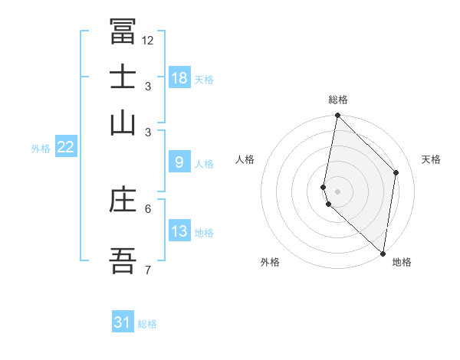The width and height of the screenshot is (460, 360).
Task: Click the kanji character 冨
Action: tap(123, 31)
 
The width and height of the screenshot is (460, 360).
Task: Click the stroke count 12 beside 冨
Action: tap(148, 41)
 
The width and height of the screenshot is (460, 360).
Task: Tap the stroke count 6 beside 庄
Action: tap(148, 208)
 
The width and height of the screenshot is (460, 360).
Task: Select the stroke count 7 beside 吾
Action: tap(148, 270)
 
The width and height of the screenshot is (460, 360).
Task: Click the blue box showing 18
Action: tap(179, 78)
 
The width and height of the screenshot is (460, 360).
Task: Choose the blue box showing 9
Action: tap(179, 162)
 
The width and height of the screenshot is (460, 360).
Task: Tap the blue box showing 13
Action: tap(179, 231)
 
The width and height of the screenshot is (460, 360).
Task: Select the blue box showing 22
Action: tap(65, 147)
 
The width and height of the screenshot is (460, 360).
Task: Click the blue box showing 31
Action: tap(123, 322)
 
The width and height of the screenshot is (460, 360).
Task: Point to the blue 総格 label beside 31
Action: tap(147, 324)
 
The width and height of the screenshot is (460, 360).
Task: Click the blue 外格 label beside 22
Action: tap(41, 149)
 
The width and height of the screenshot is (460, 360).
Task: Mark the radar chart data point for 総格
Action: tap(337, 116)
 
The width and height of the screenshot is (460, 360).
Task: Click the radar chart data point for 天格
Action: tap(396, 172)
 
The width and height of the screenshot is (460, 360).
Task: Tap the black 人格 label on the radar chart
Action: tap(245, 159)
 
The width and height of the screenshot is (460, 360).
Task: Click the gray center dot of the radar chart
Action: tap(337, 191)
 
